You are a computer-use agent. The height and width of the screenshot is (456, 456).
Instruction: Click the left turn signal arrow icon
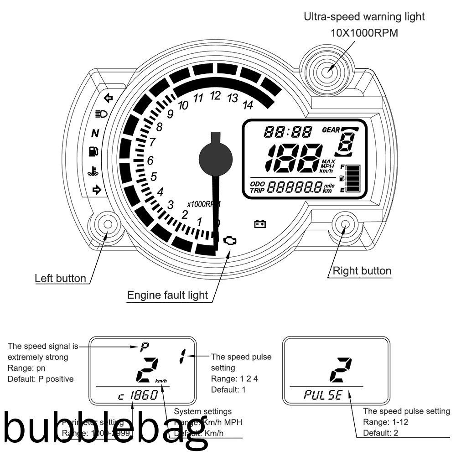[109, 97]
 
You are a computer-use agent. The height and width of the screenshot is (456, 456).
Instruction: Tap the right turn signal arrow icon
[96, 190]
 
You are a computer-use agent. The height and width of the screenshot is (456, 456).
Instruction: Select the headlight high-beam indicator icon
[101, 114]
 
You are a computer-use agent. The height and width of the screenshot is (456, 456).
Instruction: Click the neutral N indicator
[95, 134]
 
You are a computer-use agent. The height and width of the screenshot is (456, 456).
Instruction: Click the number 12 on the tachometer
[215, 96]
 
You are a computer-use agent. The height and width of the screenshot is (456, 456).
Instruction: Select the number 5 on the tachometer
[154, 176]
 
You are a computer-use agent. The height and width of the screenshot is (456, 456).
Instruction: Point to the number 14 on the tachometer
[248, 105]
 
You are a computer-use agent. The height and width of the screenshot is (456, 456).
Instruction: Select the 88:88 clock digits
[288, 132]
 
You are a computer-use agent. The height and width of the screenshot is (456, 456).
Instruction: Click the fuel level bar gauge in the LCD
[353, 178]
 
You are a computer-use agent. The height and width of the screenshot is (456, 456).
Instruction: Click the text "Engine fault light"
[167, 295]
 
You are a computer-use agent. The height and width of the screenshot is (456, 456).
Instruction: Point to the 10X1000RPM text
[364, 33]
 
